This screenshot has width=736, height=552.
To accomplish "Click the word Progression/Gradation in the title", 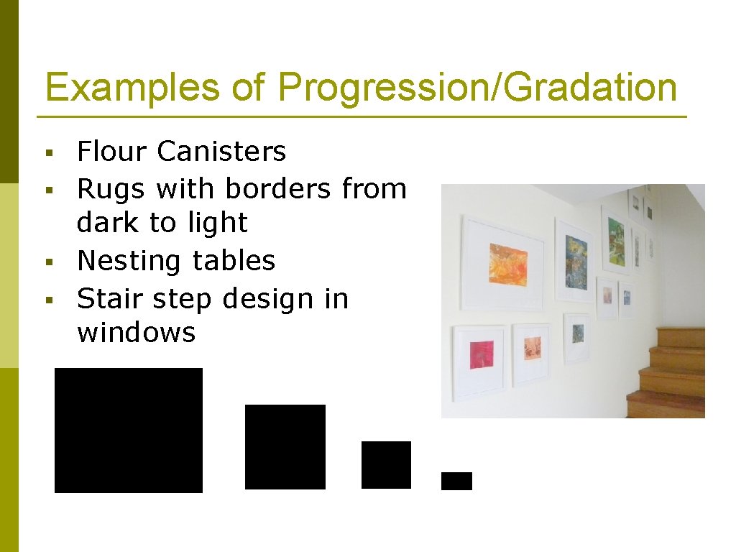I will [477, 88].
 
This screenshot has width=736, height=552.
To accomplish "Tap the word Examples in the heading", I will [132, 88].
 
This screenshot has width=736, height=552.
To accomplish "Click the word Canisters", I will [221, 152].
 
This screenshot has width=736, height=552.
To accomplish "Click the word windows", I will [136, 333].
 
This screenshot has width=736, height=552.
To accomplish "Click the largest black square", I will [129, 430].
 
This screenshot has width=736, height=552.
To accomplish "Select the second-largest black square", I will [285, 446].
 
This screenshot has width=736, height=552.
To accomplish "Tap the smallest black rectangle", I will [456, 481].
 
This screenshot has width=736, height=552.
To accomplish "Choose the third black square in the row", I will [386, 464].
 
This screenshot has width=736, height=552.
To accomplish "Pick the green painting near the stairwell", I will [616, 238].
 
